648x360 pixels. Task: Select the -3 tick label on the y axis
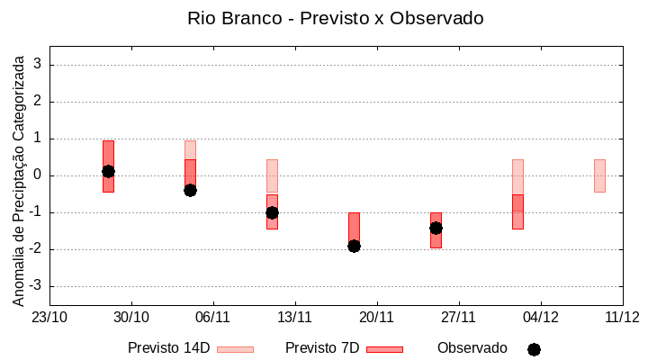pos(36,286)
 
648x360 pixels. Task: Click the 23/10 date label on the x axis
pos(49,317)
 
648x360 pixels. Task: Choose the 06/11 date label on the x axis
pos(213,317)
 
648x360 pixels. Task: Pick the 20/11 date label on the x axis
pos(377,317)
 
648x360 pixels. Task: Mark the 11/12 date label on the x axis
pos(622,317)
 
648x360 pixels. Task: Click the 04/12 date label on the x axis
pos(540,317)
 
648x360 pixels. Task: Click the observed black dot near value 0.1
pos(108,171)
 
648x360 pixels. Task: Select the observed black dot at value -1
pos(272,212)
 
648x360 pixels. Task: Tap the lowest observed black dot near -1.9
pos(354,246)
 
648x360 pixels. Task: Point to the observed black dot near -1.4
pos(436,228)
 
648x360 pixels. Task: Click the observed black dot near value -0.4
pos(190,190)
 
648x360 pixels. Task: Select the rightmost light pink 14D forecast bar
pos(599,175)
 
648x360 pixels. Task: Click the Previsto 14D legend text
pos(169,348)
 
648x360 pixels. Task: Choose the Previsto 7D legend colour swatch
pos(384,349)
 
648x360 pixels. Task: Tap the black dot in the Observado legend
pos(534,349)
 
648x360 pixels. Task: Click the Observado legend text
pos(472,348)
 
